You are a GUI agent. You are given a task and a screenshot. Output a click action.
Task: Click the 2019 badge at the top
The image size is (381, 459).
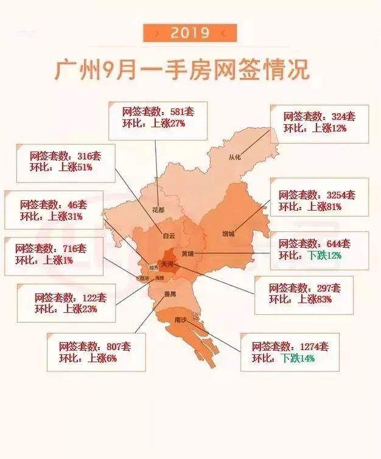coord(190,32)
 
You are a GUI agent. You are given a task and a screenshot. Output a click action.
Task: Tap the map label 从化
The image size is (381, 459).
coord(235,157)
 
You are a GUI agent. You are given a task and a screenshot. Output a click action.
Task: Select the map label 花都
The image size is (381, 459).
coord(158,211)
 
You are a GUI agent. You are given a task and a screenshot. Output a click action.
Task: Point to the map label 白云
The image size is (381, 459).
coord(169,234)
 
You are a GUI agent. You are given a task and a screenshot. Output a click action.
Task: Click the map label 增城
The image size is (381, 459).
coord(228,234)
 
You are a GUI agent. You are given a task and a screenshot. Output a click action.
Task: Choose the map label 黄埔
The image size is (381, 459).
coord(187,254)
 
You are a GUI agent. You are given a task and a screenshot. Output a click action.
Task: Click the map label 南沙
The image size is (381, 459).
coord(181,319)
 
